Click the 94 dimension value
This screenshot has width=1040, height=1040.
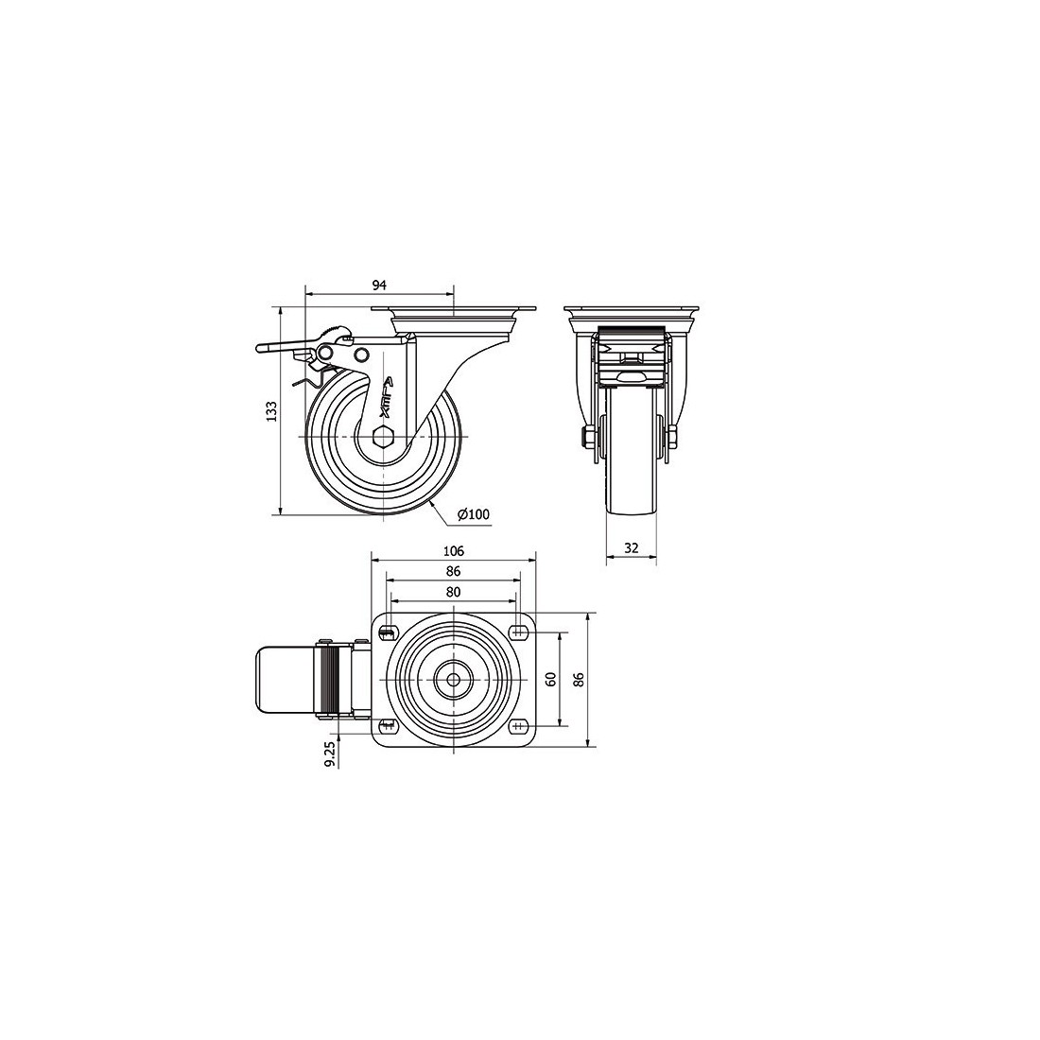coord(379,286)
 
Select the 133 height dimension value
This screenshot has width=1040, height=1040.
coord(271,411)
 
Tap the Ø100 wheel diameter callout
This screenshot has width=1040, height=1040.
coord(474,514)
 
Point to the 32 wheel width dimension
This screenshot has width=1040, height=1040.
coord(632,547)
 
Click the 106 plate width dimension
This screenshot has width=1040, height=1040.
coord(454,550)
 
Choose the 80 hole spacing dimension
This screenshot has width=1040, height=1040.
coord(454,592)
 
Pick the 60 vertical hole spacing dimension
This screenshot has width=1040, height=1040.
coord(550,679)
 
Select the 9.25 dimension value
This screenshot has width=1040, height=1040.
coord(330,754)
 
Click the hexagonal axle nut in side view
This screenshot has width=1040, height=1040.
coord(383,437)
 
